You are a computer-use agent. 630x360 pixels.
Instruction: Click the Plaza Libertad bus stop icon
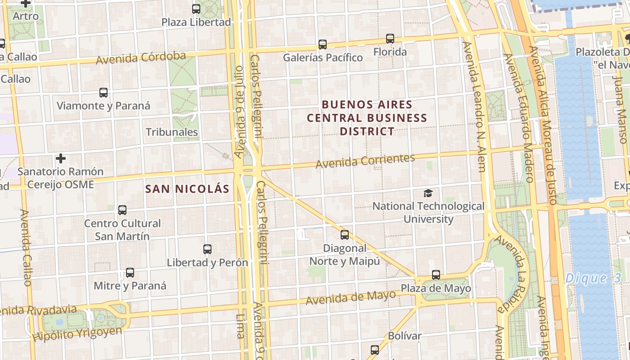pyautogui.click(x=196, y=9)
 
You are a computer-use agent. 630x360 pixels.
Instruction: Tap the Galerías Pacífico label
pyautogui.click(x=323, y=58)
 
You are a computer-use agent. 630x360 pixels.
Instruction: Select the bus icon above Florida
pyautogui.click(x=390, y=39)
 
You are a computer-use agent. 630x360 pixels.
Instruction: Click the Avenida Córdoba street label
pyautogui.click(x=141, y=58)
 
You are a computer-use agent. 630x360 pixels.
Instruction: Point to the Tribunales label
pyautogui.click(x=172, y=132)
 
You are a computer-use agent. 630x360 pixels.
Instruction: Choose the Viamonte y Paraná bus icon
pyautogui.click(x=103, y=93)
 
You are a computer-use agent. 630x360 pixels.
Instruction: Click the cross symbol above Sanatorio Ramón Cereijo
pyautogui.click(x=61, y=158)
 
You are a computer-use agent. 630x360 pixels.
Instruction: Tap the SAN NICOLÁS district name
pyautogui.click(x=187, y=189)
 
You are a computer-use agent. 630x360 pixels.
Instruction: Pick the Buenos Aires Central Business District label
pyautogui.click(x=367, y=118)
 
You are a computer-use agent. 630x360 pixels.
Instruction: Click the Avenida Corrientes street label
pyautogui.click(x=365, y=161)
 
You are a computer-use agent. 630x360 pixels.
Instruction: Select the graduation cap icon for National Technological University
pyautogui.click(x=428, y=193)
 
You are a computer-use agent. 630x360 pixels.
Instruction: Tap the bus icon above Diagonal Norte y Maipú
pyautogui.click(x=345, y=234)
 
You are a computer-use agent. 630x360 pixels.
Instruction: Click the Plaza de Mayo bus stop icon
pyautogui.click(x=436, y=274)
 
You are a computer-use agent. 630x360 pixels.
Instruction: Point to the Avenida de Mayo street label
pyautogui.click(x=351, y=297)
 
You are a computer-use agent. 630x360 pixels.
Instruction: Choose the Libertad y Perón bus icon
pyautogui.click(x=207, y=249)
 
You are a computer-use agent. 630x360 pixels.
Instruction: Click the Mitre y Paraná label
pyautogui.click(x=130, y=286)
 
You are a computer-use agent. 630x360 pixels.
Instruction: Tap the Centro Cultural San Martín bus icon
pyautogui.click(x=122, y=210)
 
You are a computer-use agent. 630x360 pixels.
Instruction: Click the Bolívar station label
pyautogui.click(x=405, y=336)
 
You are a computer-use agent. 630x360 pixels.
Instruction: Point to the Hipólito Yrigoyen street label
pyautogui.click(x=77, y=334)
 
